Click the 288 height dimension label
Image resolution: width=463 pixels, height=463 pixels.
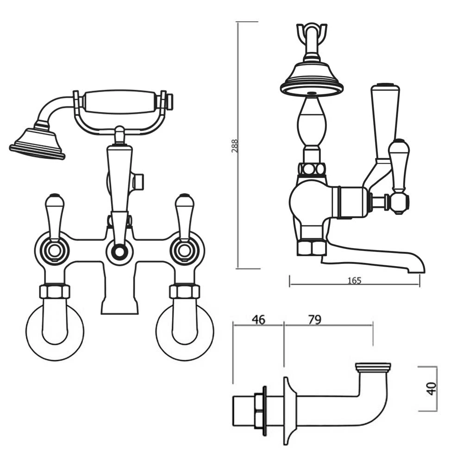(234, 147)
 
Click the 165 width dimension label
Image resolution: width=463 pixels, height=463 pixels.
(354, 281)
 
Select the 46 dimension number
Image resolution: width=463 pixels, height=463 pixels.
(258, 320)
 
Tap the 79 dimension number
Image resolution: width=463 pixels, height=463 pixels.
(314, 320)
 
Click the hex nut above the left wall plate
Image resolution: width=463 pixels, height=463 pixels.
(55, 291)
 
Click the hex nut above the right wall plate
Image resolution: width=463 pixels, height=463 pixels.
(184, 291)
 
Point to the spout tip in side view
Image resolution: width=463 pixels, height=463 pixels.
(419, 268)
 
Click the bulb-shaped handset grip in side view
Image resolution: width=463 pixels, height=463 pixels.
(311, 123)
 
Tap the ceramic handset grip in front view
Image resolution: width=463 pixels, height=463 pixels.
(120, 102)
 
